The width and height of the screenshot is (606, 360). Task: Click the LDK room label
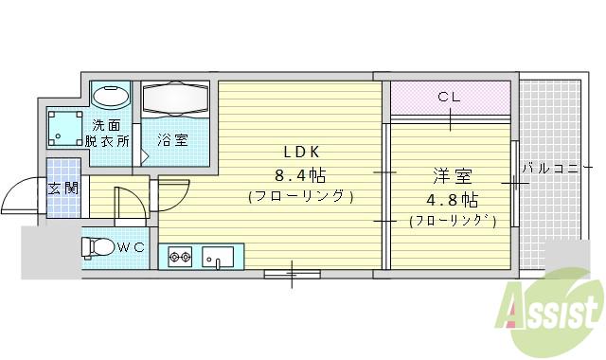point(300,152)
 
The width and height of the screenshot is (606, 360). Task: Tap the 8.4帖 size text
point(300,174)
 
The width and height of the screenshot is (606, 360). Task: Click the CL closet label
point(450,96)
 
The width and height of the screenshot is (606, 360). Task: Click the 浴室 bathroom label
point(172,139)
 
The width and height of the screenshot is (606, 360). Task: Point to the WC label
point(131,247)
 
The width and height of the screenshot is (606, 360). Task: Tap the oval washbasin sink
point(111,97)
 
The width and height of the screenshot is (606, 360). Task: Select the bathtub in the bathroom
point(179,99)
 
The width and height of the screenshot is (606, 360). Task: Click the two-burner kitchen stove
point(180,256)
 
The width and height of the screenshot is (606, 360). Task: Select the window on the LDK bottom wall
point(291,275)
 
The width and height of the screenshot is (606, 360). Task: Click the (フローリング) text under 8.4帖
point(300,197)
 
